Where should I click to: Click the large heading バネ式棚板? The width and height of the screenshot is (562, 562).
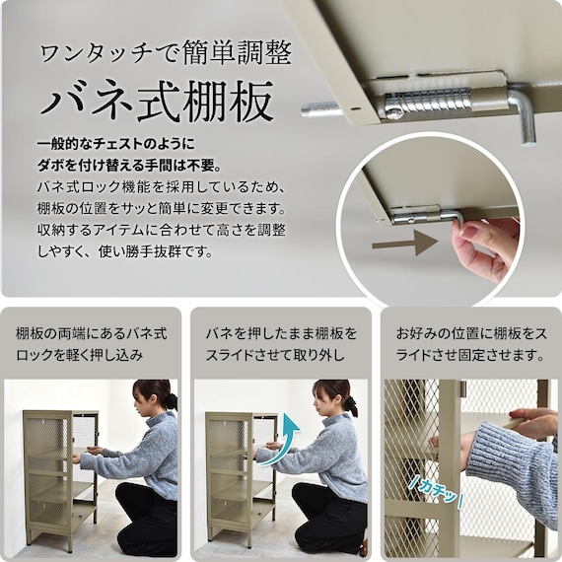(x=156, y=102)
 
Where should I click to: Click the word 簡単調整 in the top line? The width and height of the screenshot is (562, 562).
(x=237, y=53)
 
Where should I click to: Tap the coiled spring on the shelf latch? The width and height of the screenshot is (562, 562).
(x=427, y=102)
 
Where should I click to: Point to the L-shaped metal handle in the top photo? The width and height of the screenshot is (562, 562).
(x=523, y=112)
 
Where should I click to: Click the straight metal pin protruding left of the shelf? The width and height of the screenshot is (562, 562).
(x=319, y=109)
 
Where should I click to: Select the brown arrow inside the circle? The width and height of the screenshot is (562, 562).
(x=405, y=243)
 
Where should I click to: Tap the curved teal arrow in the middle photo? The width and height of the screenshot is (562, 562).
(x=283, y=439)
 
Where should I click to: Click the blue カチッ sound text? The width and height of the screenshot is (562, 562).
(x=436, y=493)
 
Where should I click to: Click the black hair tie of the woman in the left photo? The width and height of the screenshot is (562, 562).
(x=173, y=400)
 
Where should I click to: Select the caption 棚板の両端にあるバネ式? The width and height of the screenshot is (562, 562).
(x=92, y=333)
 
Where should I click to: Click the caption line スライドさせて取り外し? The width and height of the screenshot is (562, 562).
(x=275, y=355)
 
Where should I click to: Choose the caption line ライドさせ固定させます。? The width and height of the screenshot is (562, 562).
(x=470, y=355)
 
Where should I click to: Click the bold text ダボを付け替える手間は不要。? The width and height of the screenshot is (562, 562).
(x=130, y=166)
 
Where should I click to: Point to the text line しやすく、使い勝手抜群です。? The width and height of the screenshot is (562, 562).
(x=125, y=251)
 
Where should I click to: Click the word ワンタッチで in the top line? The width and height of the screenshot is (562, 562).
(x=108, y=54)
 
